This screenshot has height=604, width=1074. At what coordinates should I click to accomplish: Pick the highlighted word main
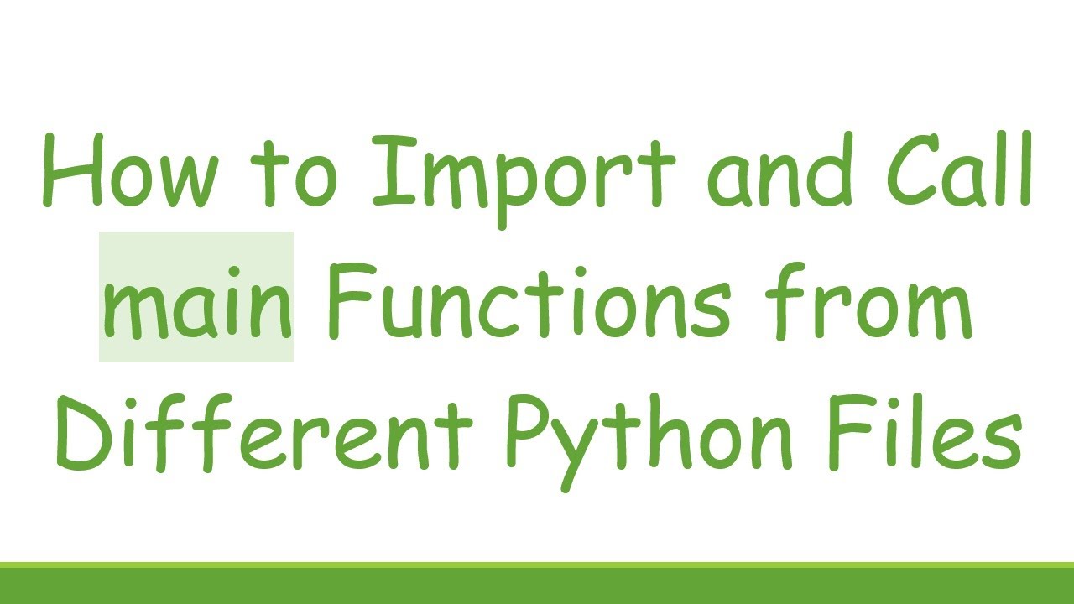pos(196,299)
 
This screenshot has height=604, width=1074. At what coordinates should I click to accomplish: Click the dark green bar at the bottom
pos(537,586)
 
